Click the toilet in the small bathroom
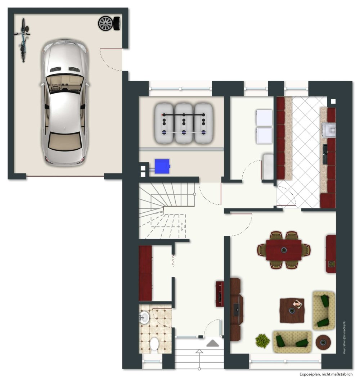(154, 344)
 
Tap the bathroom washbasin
(144, 317)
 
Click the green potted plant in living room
(263, 340)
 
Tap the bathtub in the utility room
(267, 166)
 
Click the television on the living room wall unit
(236, 310)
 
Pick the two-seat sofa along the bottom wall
(292, 342)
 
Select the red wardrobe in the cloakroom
(145, 273)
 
